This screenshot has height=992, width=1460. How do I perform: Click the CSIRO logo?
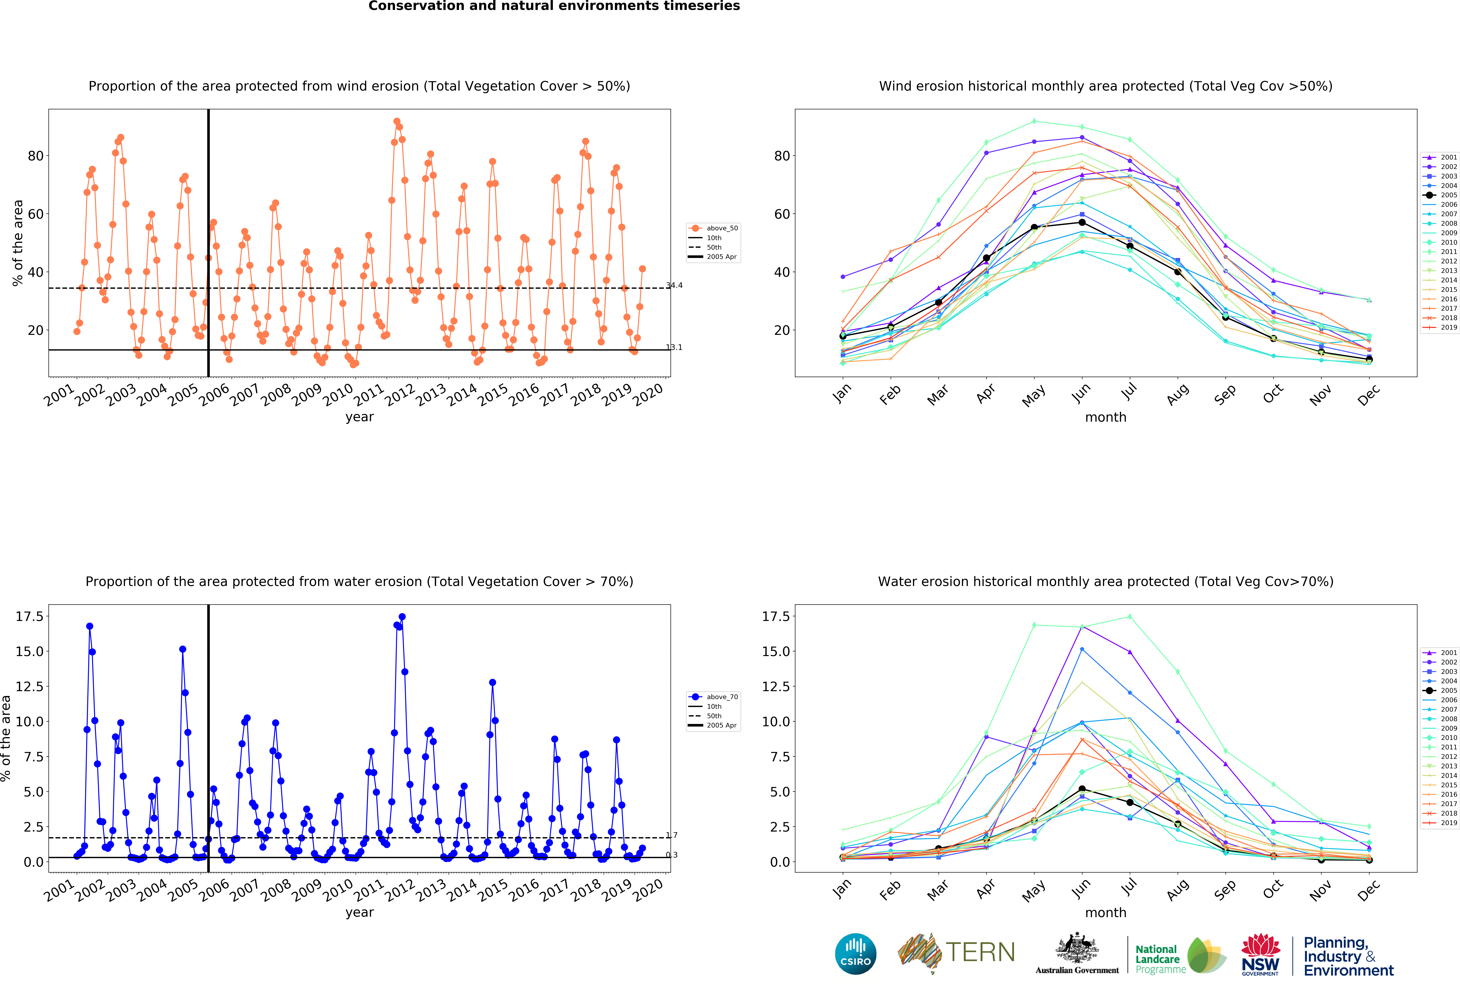[x=856, y=954]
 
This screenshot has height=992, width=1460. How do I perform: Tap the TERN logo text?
[x=980, y=952]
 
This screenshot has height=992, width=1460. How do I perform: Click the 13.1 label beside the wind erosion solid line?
[x=674, y=347]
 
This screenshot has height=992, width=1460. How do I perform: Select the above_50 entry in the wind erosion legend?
[x=713, y=228]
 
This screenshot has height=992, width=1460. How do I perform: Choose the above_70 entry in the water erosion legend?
[x=713, y=697]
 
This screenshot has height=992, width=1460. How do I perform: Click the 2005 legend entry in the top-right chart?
[x=1440, y=195]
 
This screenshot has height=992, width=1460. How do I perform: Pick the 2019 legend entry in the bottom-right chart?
[x=1440, y=822]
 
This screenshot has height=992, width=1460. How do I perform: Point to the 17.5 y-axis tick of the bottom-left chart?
[x=30, y=616]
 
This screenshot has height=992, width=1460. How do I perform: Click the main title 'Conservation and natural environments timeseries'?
[x=554, y=6]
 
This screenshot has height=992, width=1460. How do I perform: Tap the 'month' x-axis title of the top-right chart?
[x=1106, y=417]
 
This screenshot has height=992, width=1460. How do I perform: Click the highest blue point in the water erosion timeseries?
[x=402, y=617]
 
